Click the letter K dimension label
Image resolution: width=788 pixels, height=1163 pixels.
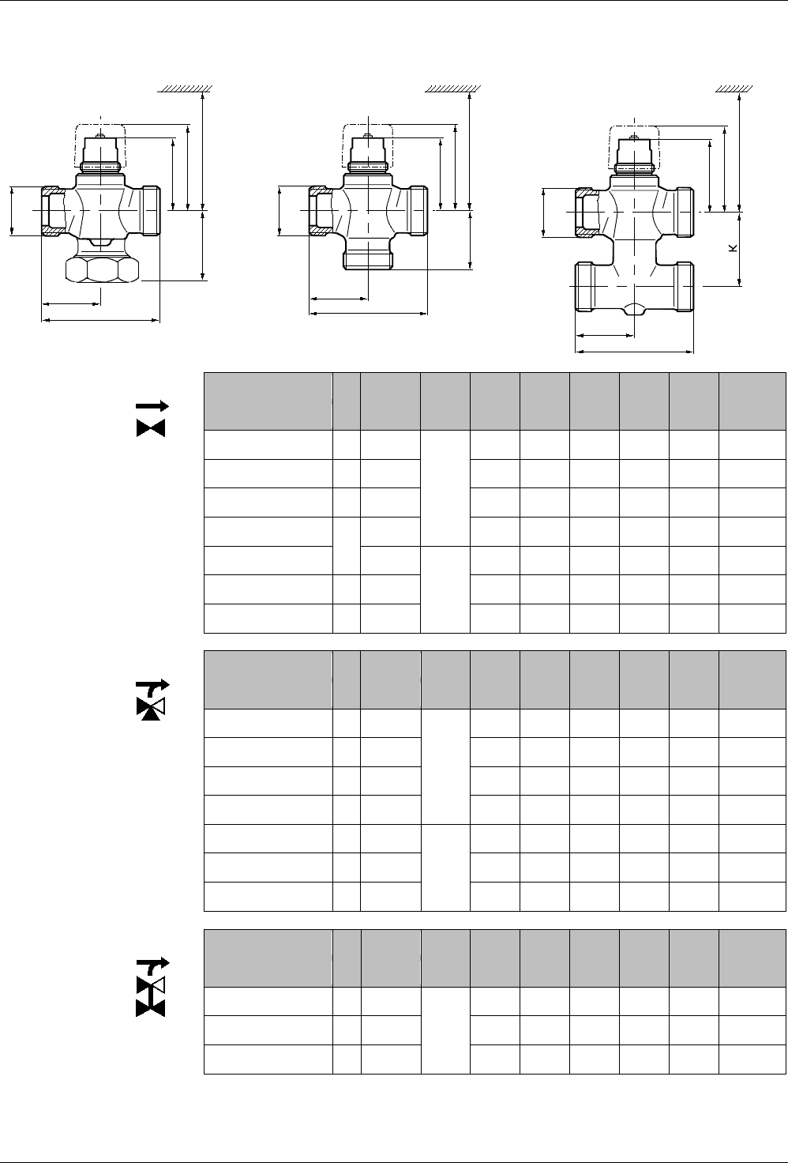pyautogui.click(x=733, y=248)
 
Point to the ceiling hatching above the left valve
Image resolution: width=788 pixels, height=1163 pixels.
pyautogui.click(x=186, y=88)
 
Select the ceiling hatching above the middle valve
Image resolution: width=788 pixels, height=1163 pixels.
pyautogui.click(x=453, y=88)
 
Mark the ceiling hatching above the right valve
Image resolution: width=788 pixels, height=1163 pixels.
pyautogui.click(x=734, y=88)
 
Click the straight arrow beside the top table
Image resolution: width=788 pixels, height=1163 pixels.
pyautogui.click(x=152, y=405)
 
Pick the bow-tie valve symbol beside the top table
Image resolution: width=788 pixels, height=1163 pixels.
pyautogui.click(x=151, y=427)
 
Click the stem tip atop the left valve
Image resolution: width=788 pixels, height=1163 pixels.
pyautogui.click(x=100, y=137)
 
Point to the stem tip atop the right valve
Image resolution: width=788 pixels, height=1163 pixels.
pyautogui.click(x=634, y=137)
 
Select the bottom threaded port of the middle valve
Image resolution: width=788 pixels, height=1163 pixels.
pyautogui.click(x=368, y=261)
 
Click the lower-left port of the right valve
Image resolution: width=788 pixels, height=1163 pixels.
pyautogui.click(x=584, y=287)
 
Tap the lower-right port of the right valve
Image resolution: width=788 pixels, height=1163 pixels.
pyautogui.click(x=685, y=287)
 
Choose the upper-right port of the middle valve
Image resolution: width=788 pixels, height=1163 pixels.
pyautogui.click(x=419, y=210)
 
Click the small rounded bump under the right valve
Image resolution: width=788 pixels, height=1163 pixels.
pyautogui.click(x=634, y=310)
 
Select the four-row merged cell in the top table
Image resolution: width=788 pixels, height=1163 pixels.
pyautogui.click(x=445, y=488)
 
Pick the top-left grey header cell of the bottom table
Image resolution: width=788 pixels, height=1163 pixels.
pyautogui.click(x=268, y=958)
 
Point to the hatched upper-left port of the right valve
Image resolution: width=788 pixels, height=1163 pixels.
pyautogui.click(x=587, y=213)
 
